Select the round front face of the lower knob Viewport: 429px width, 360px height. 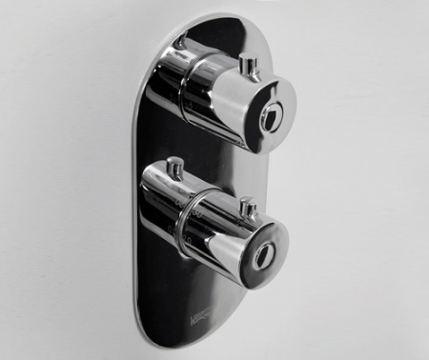pos(257,255)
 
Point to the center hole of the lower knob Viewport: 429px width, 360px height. pos(258,257)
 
